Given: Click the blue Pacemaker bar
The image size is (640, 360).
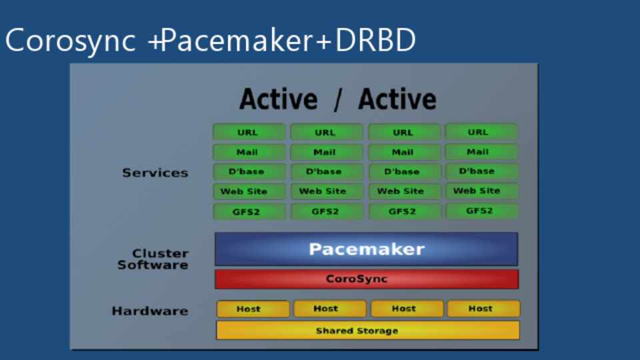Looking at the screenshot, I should tap(366, 249).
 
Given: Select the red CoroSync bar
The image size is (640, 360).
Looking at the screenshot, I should tap(366, 279).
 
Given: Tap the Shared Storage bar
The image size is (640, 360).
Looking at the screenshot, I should tap(367, 331).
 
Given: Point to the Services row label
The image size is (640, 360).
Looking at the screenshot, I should tap(155, 173).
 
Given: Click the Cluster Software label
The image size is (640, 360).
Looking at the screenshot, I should tap(153, 259).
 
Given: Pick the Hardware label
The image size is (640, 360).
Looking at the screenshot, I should tap(150, 311).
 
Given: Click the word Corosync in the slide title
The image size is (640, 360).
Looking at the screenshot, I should tap(71, 41).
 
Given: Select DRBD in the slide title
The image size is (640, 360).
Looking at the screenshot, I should tap(375, 41).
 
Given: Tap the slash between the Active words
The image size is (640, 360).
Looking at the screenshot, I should tap(338, 100).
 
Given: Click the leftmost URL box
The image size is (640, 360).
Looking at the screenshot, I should tap(249, 132).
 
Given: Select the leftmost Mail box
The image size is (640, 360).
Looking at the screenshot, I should tap(249, 152).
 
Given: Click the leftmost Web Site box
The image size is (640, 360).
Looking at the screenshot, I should tap(249, 191).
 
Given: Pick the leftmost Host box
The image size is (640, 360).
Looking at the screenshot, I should tap(253, 309).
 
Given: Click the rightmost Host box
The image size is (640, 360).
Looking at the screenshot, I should tap(483, 309).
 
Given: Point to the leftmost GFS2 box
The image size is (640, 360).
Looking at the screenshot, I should tap(249, 212).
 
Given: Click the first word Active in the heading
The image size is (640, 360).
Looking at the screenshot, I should tap(279, 100).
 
